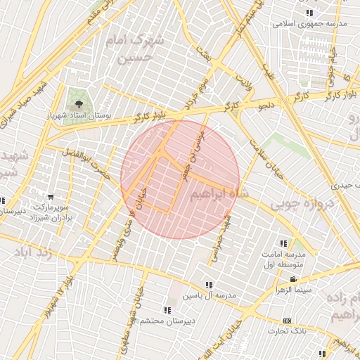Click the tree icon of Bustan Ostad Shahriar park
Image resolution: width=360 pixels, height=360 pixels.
[77, 103]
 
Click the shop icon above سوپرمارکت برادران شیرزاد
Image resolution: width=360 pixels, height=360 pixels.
[51, 198]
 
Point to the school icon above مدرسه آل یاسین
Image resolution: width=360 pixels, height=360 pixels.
[209, 284]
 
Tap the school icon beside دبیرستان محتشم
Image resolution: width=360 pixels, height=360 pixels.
[167, 310]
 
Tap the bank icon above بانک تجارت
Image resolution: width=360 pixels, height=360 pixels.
[286, 321]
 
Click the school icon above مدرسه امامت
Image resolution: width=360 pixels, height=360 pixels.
[283, 243]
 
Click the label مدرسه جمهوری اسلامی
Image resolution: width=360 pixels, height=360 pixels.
[310, 24]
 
